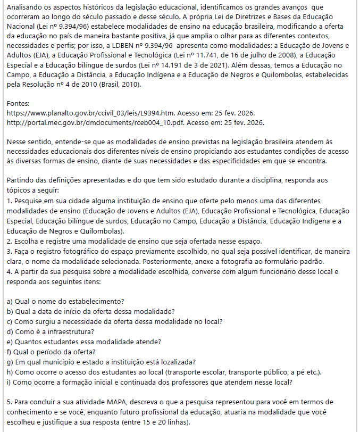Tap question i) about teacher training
[149, 381]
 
